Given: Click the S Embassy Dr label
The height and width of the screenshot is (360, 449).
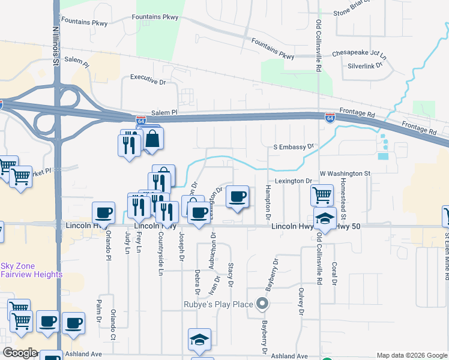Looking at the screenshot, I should tap(294, 146).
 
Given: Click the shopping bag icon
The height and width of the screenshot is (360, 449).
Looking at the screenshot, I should tap(153, 139).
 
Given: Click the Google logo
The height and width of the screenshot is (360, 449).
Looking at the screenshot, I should tap(20, 353).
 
